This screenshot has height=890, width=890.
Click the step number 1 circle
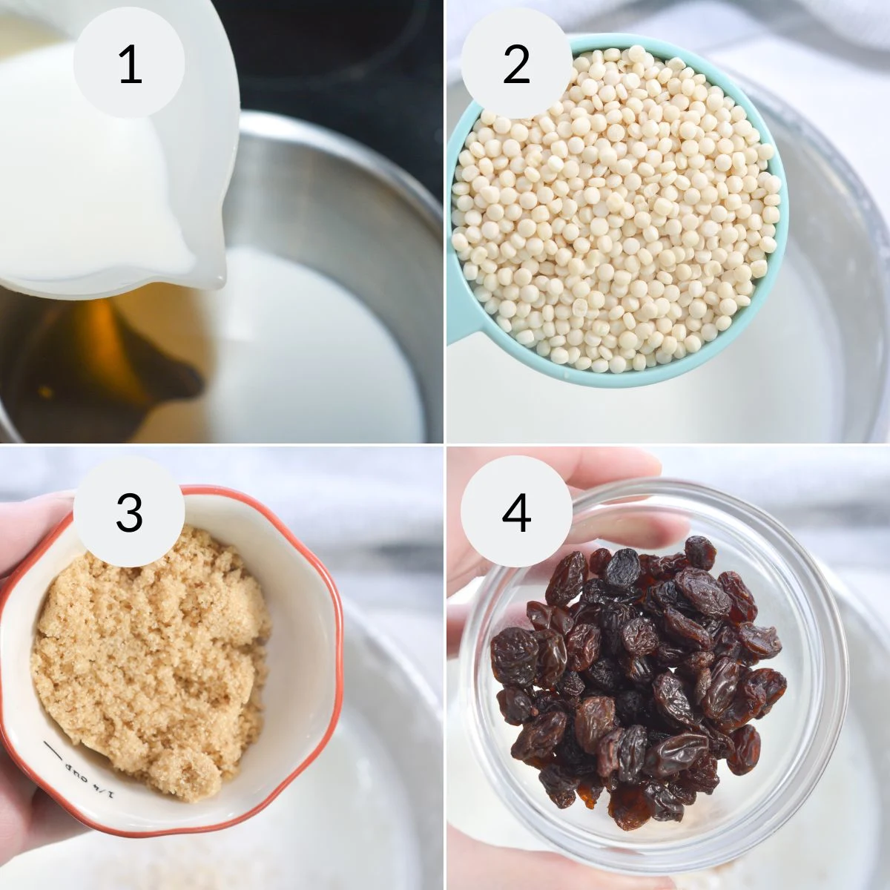pyautogui.click(x=130, y=65)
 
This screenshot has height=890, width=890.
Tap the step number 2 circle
pyautogui.click(x=516, y=65)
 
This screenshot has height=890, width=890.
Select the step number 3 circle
pyautogui.click(x=130, y=512)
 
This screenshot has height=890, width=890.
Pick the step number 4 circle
pyautogui.click(x=516, y=512)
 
